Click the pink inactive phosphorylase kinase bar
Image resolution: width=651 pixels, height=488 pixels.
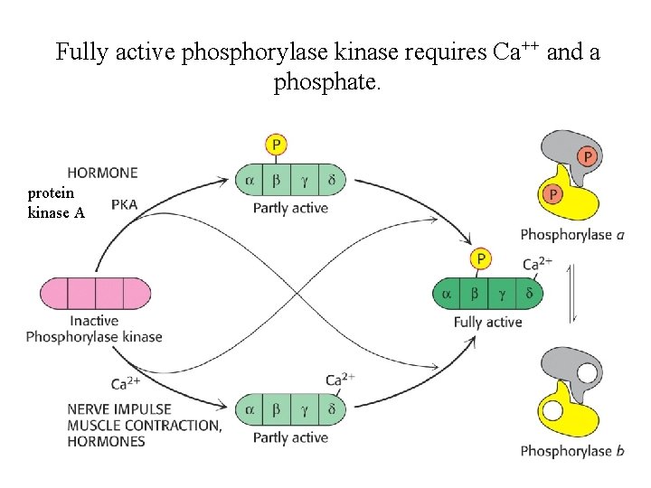point(95,293)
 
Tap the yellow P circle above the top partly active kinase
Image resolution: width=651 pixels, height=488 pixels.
point(277,145)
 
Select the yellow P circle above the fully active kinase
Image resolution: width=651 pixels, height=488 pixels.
point(480,259)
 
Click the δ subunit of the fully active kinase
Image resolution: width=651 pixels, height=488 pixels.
point(529,293)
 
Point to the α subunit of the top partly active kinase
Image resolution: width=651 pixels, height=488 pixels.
point(249,180)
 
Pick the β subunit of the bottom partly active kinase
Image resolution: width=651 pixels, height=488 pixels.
point(276,409)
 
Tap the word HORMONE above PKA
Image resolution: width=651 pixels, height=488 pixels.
point(102,173)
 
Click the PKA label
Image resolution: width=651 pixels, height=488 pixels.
point(124,204)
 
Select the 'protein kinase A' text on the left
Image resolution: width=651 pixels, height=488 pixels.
point(56,203)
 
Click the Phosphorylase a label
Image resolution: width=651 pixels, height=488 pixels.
point(571,235)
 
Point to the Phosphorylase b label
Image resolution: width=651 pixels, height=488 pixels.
point(571,451)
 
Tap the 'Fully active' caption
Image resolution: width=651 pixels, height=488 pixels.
point(487,322)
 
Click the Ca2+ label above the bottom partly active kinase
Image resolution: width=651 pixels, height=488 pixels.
point(340,380)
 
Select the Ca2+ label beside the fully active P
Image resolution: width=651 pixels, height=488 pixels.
point(537,264)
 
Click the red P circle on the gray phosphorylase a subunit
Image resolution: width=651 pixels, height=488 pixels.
point(588,156)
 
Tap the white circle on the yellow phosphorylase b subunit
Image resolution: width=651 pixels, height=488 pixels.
point(553,411)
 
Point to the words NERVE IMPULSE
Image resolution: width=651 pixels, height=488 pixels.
point(118,409)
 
